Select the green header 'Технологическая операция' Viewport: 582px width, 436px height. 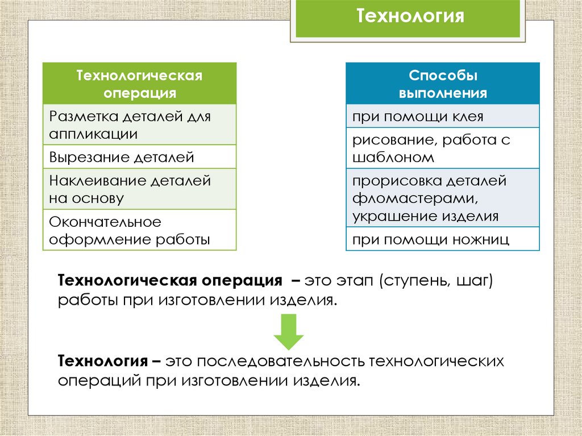(x=140, y=83)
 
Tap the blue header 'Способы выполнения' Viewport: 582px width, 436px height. (x=443, y=83)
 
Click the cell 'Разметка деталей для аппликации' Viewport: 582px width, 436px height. (x=140, y=125)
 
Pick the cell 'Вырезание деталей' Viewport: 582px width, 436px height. (x=140, y=157)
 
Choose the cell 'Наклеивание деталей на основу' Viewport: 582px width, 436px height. (x=140, y=189)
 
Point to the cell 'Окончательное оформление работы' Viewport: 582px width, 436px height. (x=140, y=230)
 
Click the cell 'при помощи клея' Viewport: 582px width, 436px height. (x=443, y=117)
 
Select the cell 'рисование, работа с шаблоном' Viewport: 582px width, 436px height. (x=443, y=148)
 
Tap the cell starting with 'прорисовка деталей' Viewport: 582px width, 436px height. (x=443, y=198)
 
